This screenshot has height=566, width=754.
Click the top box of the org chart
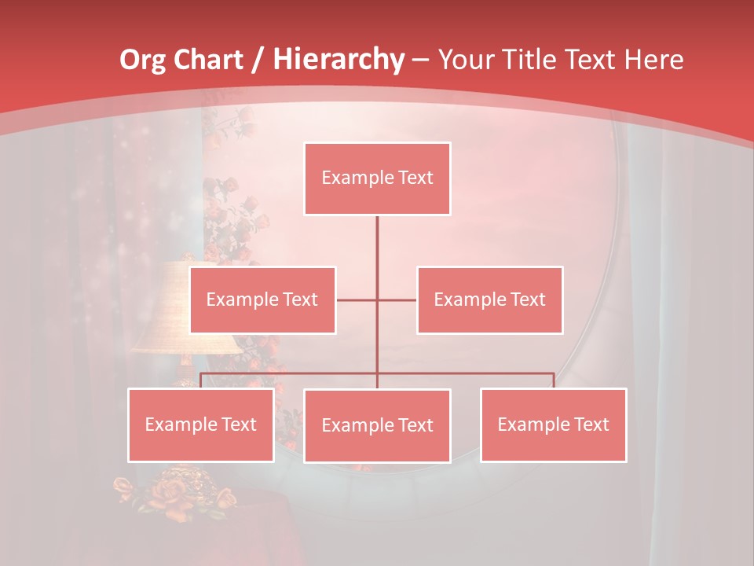coord(377,178)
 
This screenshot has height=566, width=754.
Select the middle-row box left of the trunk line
coord(262,300)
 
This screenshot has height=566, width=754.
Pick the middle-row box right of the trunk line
coord(489,300)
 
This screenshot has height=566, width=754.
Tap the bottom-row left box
coord(201,424)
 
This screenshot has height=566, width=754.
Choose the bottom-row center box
coord(377,425)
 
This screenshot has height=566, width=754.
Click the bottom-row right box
coord(553,424)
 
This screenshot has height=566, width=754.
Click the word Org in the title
coord(142,60)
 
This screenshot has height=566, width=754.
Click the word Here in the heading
coord(653,60)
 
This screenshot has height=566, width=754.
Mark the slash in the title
coord(256,60)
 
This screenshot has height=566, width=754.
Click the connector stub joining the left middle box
coord(357,300)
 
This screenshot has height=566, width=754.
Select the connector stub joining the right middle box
coord(397,300)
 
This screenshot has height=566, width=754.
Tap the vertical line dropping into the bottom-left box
coord(201,380)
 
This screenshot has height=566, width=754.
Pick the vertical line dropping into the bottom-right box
coord(554,380)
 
